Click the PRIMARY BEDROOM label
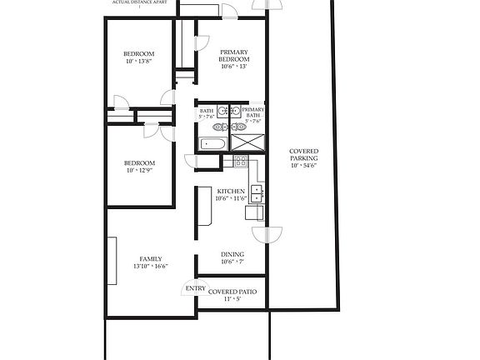pyautogui.click(x=233, y=56)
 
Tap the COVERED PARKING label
pyautogui.click(x=302, y=155)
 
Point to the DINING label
pyautogui.click(x=232, y=254)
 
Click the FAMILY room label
pyautogui.click(x=150, y=258)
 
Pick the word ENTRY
pyautogui.click(x=195, y=289)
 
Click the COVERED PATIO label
pyautogui.click(x=232, y=292)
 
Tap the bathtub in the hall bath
pyautogui.click(x=212, y=144)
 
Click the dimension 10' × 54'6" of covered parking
pyautogui.click(x=302, y=166)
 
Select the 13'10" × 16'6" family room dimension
pyautogui.click(x=150, y=267)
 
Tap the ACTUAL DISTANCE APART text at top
pyautogui.click(x=139, y=2)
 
